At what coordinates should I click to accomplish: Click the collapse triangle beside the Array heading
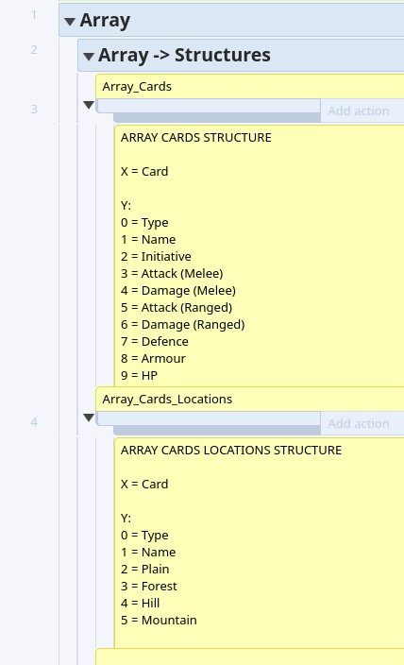click(70, 21)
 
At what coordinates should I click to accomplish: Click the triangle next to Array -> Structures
click(88, 57)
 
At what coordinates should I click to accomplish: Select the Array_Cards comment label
click(137, 87)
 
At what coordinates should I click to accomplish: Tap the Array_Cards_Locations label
click(167, 399)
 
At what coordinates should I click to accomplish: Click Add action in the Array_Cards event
click(359, 111)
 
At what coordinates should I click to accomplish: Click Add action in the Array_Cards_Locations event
click(359, 423)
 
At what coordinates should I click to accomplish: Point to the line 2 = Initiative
click(156, 257)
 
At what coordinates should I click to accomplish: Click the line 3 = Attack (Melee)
click(172, 274)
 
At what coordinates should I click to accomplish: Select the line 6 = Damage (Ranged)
click(183, 324)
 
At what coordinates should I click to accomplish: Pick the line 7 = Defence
click(154, 341)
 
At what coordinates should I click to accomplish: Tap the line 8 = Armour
click(153, 358)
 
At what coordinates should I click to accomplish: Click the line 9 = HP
click(139, 375)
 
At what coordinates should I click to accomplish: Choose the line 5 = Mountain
click(159, 620)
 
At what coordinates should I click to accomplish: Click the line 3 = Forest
click(149, 586)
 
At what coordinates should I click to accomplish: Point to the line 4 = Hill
click(140, 603)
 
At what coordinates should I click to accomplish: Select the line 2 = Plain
click(145, 570)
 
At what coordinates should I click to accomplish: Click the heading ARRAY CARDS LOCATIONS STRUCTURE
click(231, 450)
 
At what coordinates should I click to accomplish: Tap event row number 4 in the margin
click(34, 422)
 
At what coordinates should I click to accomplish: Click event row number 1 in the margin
click(34, 15)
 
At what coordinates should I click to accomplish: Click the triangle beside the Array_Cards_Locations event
click(89, 418)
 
